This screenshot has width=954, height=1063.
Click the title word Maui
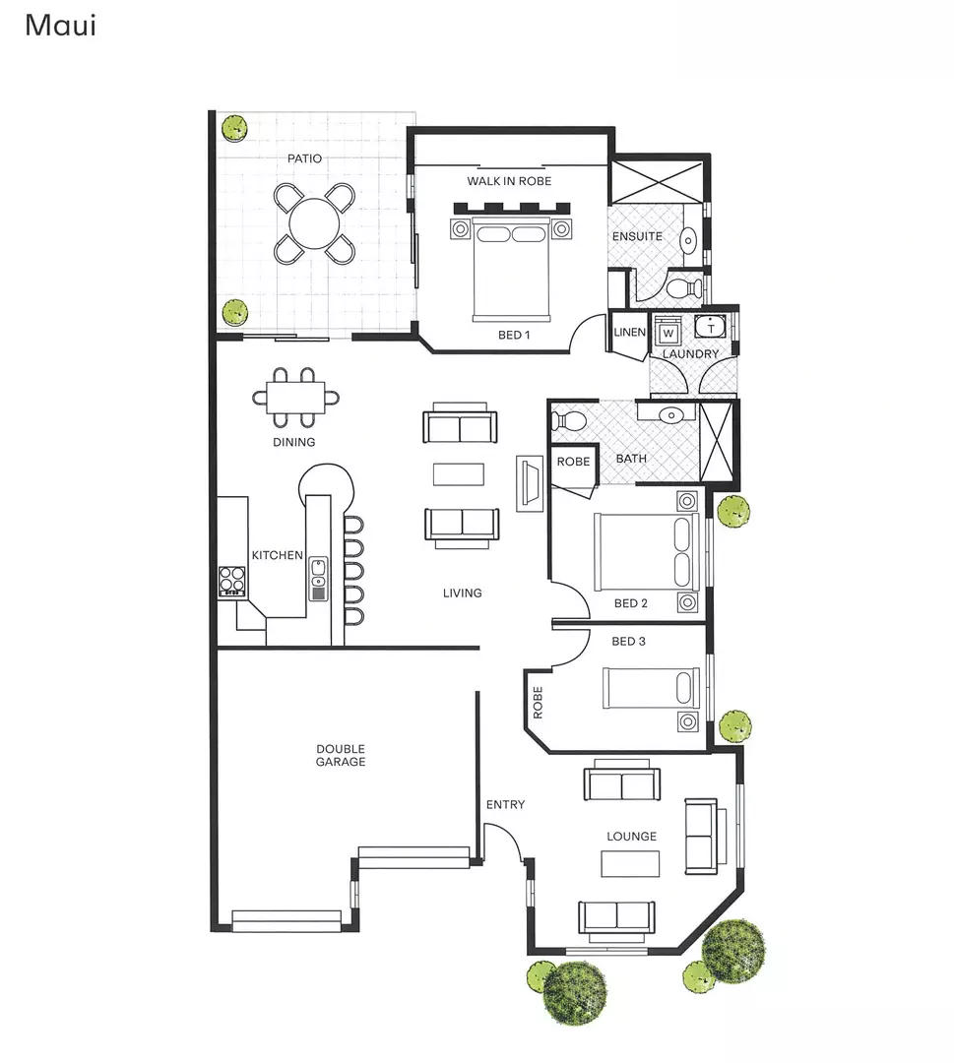[60, 26]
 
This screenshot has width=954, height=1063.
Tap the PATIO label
[304, 157]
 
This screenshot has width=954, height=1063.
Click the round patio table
[314, 223]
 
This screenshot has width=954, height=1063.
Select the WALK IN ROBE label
[509, 181]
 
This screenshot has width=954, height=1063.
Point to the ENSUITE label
[637, 236]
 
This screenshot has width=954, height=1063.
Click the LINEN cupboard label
[629, 333]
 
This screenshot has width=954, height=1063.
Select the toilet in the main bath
[569, 420]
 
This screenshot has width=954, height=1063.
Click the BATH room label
[630, 459]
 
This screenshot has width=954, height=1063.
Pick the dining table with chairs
[294, 397]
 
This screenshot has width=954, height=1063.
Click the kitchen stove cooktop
[231, 581]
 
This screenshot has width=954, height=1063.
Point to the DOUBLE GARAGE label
[341, 755]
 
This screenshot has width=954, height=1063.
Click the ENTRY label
[505, 805]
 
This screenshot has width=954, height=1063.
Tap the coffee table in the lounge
[630, 862]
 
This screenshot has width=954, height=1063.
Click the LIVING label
[462, 593]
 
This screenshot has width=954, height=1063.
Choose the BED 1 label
[514, 335]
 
